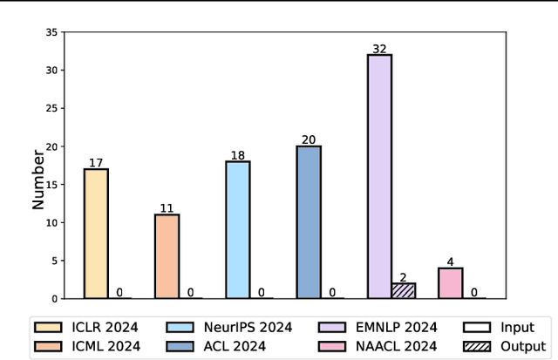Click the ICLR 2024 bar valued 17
click(96, 233)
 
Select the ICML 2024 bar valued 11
click(167, 256)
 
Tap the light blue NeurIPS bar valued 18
click(237, 229)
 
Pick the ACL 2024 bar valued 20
click(309, 221)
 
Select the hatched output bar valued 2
click(404, 290)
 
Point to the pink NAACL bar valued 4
click(451, 282)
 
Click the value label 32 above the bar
click(379, 49)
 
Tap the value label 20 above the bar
click(309, 139)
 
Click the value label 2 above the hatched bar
click(404, 276)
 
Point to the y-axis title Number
click(38, 179)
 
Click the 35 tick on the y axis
click(52, 32)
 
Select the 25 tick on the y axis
click(52, 108)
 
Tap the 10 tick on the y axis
click(52, 222)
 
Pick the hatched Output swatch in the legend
click(475, 345)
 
